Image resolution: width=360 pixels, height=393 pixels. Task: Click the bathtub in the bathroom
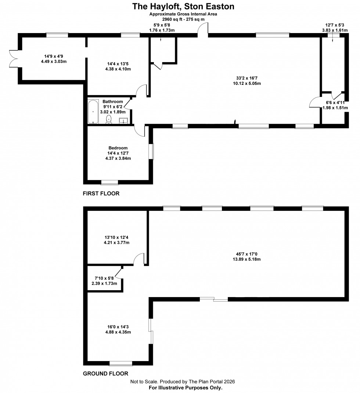[x=93, y=111]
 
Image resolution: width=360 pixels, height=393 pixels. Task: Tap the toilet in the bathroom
[x=109, y=119]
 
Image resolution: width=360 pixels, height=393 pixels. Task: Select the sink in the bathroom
[x=124, y=120]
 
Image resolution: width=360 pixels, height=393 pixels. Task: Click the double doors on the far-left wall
[x=13, y=58]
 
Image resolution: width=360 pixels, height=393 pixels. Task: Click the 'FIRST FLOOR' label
[x=101, y=193]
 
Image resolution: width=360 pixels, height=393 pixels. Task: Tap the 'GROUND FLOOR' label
[x=105, y=374]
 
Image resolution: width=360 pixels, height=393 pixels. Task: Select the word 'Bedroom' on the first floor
[x=118, y=148]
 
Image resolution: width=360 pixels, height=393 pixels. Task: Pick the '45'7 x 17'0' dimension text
[x=248, y=254]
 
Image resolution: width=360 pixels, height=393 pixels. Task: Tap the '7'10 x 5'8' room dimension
[x=104, y=278]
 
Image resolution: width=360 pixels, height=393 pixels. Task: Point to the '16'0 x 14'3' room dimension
[x=118, y=327]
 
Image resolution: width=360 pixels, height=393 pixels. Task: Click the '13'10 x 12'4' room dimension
[x=116, y=237]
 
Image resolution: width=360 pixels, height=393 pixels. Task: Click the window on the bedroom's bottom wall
[x=109, y=182]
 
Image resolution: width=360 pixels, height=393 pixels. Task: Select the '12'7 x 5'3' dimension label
[x=333, y=25]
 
